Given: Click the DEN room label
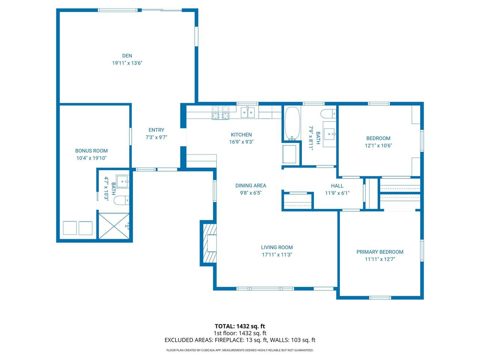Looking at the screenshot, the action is (127, 56).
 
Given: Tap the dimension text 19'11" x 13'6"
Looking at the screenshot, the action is (127, 63).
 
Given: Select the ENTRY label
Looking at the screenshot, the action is (156, 130).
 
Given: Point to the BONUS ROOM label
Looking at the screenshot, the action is (91, 151).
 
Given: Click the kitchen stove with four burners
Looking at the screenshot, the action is (220, 113).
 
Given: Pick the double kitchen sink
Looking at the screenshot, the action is (248, 112).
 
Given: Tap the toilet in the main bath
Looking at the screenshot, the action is (328, 114).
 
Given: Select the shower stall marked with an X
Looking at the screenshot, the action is (114, 226).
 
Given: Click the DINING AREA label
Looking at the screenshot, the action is (250, 186).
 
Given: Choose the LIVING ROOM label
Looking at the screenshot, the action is (277, 247).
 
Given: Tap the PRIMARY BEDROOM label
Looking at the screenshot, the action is (380, 252).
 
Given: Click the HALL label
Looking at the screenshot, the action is (337, 186).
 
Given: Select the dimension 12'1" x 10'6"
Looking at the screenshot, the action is (378, 145).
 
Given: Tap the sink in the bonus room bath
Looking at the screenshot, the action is (123, 181).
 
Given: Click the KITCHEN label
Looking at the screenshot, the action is (241, 135).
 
